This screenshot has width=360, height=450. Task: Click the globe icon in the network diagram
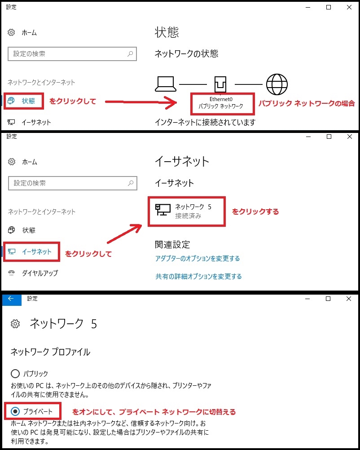point(277,84)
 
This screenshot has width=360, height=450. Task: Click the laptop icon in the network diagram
point(166,84)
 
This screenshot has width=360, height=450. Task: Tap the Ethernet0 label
point(221,99)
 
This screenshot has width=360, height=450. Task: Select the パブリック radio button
point(15,374)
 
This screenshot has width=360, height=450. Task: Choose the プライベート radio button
point(15,411)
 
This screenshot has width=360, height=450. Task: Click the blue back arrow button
point(11,299)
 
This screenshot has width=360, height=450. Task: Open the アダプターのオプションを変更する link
point(198,259)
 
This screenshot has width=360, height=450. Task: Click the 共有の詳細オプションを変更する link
point(198,277)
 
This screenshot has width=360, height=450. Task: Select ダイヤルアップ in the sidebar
point(40,273)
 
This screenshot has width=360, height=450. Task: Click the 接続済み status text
point(188,216)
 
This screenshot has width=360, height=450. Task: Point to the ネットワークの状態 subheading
point(186,53)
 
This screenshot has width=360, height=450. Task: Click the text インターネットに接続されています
point(205,123)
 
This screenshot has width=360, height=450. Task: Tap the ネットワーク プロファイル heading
point(50,352)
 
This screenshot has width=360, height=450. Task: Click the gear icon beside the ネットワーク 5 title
point(15,324)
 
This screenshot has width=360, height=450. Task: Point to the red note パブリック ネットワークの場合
point(307,103)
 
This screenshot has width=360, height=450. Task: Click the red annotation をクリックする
point(255,212)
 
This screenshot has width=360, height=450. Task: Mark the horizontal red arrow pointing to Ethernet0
point(140,102)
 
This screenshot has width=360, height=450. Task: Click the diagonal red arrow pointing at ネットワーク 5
point(124,234)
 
